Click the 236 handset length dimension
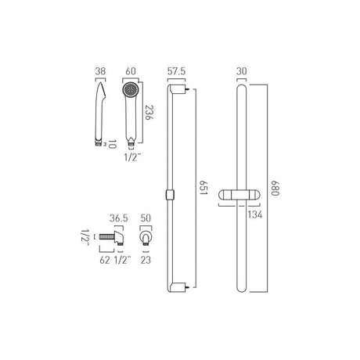coord(149,112)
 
